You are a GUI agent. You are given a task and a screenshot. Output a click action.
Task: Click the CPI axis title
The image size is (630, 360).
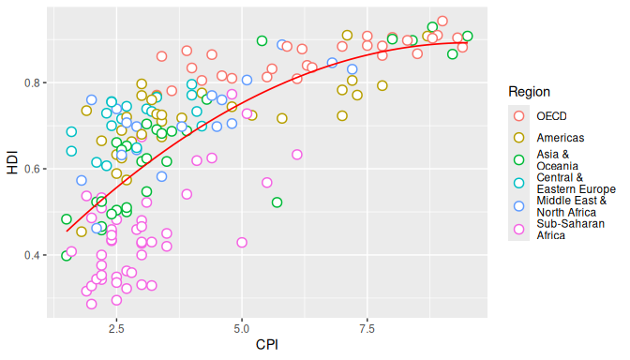[x=267, y=345]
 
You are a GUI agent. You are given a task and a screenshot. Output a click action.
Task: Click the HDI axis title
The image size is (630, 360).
[x=12, y=162]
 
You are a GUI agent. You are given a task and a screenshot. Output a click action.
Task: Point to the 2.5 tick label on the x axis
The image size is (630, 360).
[x=116, y=329]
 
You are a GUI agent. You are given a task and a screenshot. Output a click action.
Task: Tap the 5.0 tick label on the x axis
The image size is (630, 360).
[x=242, y=329]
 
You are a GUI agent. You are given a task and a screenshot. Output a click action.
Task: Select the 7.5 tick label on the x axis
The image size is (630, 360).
[x=367, y=329]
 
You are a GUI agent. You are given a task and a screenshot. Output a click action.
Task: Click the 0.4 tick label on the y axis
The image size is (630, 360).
[x=33, y=255]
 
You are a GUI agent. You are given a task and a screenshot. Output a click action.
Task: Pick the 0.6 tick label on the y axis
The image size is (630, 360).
[x=33, y=169]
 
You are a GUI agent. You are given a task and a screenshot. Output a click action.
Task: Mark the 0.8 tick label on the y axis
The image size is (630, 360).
[x=33, y=82]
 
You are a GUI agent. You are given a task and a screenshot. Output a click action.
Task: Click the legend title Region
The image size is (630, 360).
[x=529, y=92]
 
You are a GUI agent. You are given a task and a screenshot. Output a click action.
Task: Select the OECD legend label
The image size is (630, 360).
[x=551, y=116]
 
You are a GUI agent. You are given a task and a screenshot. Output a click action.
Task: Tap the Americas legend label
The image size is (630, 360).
[x=561, y=138]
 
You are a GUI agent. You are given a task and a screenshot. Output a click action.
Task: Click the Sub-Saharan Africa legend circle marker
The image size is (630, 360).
[x=518, y=230]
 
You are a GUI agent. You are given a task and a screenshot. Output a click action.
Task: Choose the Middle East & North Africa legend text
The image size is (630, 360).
[x=572, y=206]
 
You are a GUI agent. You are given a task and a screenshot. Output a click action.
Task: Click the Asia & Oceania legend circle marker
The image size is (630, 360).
[x=518, y=160]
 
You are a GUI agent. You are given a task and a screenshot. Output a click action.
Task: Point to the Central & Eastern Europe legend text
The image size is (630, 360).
[x=577, y=183]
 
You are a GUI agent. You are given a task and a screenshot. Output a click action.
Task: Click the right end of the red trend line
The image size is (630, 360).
[x=467, y=42]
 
